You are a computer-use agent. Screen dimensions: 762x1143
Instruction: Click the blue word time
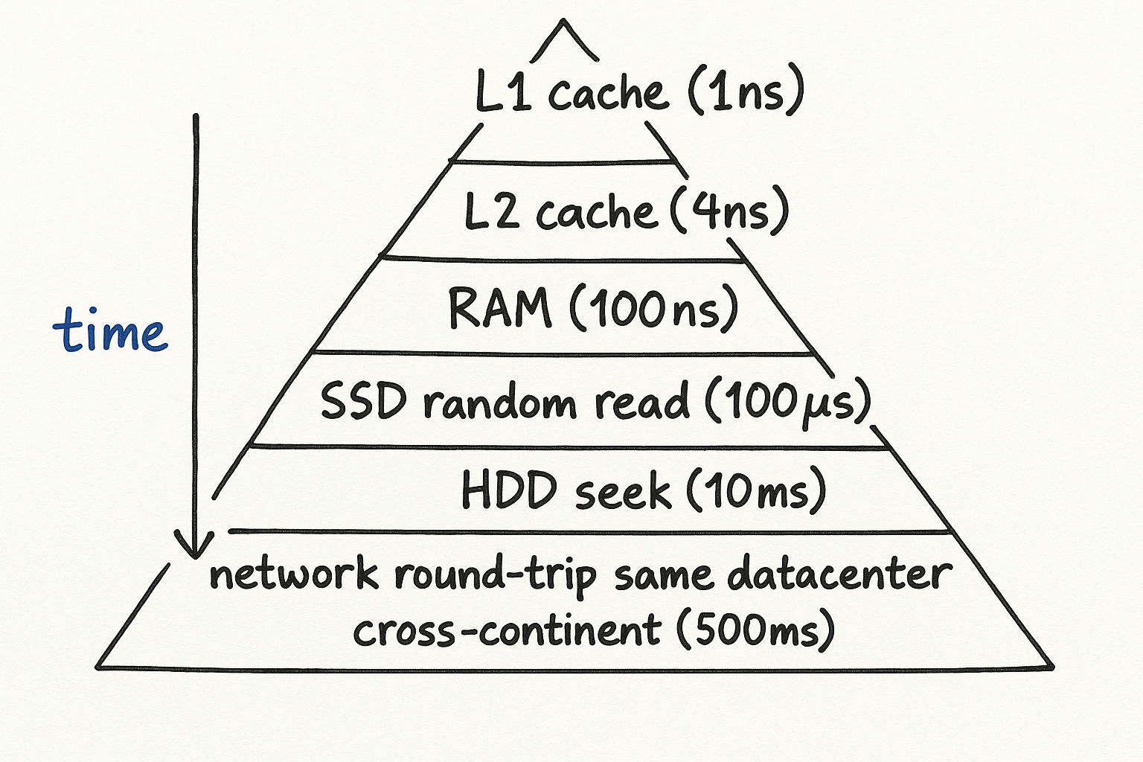[x=110, y=330]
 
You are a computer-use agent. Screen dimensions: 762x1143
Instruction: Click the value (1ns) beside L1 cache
[x=745, y=92]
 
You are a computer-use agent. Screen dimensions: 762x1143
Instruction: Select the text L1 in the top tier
[x=503, y=94]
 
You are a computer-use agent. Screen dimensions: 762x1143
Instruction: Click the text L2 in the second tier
[x=491, y=211]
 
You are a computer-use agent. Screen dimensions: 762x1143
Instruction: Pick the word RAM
[x=500, y=307]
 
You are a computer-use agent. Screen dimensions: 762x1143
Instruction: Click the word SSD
[x=363, y=401]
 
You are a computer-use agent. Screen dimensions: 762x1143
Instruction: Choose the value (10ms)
[x=755, y=491]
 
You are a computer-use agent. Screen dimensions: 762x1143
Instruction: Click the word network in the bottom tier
[x=293, y=574]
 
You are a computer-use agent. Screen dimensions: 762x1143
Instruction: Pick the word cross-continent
[x=507, y=631]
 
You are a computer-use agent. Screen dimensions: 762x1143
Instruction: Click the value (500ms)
[x=755, y=630]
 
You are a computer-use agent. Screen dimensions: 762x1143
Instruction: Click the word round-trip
[x=495, y=576]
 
